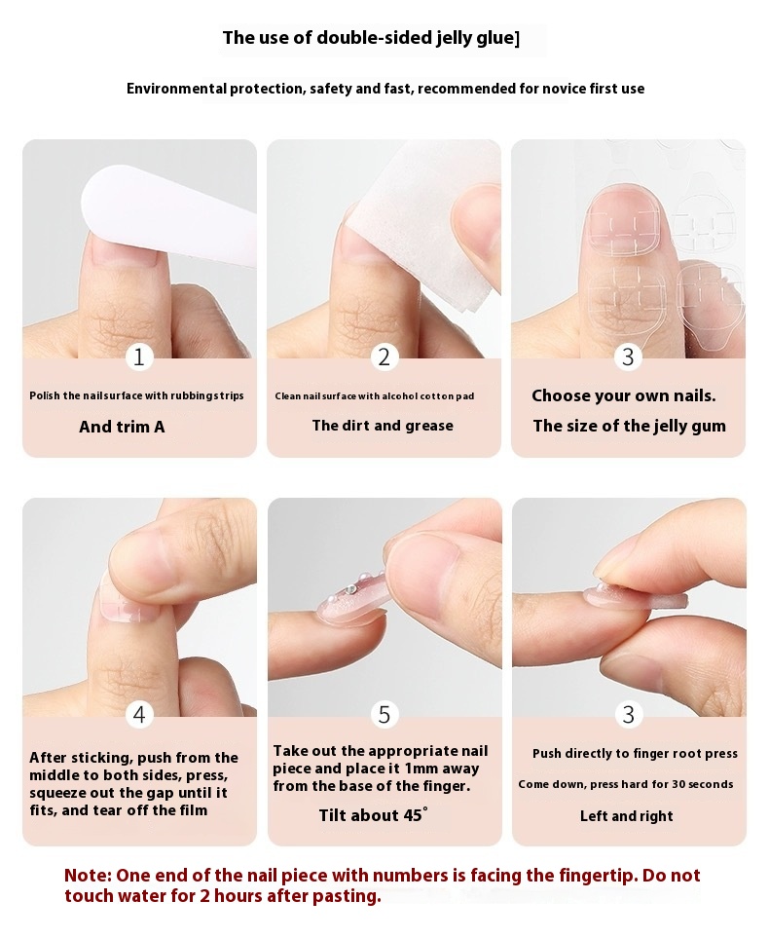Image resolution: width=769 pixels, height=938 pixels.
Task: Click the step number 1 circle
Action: pos(139,357)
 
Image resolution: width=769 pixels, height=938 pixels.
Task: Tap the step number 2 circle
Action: pos(384,357)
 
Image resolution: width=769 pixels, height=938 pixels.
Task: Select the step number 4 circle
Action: pos(139,714)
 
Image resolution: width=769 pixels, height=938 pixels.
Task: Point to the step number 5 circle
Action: pos(384,714)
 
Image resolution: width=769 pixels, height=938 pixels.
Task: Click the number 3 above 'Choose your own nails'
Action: pos(628,357)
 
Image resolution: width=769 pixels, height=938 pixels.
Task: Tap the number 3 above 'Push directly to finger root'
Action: pos(628,714)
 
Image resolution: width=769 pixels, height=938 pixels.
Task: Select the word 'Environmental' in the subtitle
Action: pos(176,90)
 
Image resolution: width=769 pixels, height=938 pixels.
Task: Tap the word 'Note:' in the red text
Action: pos(88,876)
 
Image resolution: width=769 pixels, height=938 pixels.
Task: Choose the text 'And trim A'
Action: pos(122,427)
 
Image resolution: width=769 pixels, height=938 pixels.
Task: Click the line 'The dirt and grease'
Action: pos(383,426)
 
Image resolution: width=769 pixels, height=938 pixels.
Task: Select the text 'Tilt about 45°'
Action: pos(373,815)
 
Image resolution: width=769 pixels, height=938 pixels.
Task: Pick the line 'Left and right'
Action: pos(627,816)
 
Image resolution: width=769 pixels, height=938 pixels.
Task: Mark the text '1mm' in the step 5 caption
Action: pos(421,769)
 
